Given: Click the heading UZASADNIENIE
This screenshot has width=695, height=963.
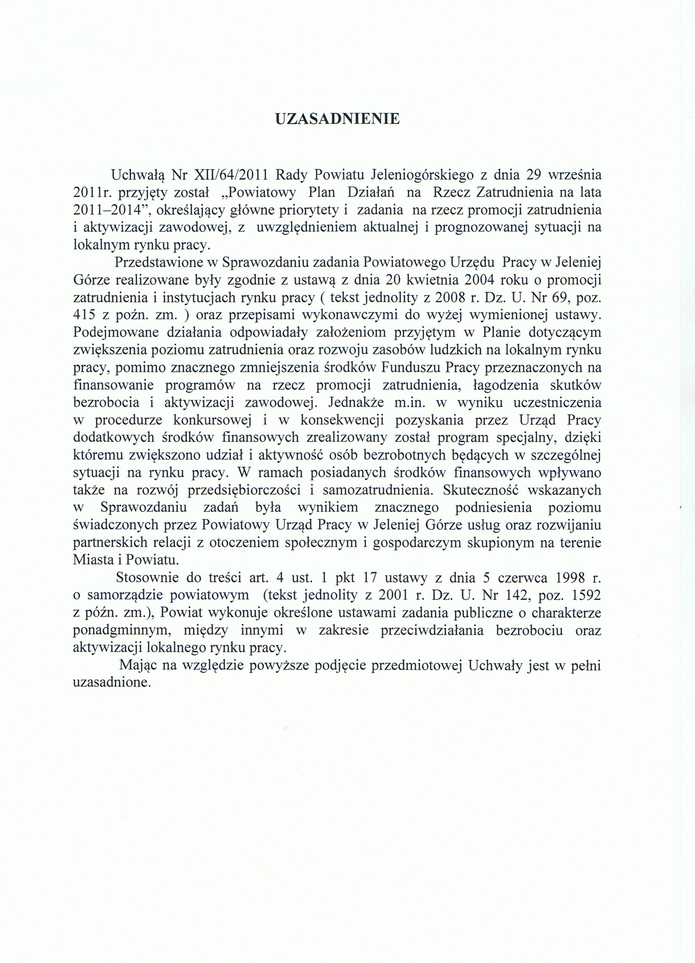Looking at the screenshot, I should point(337,119).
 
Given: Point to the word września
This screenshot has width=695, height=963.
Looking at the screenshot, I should point(575,175).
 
